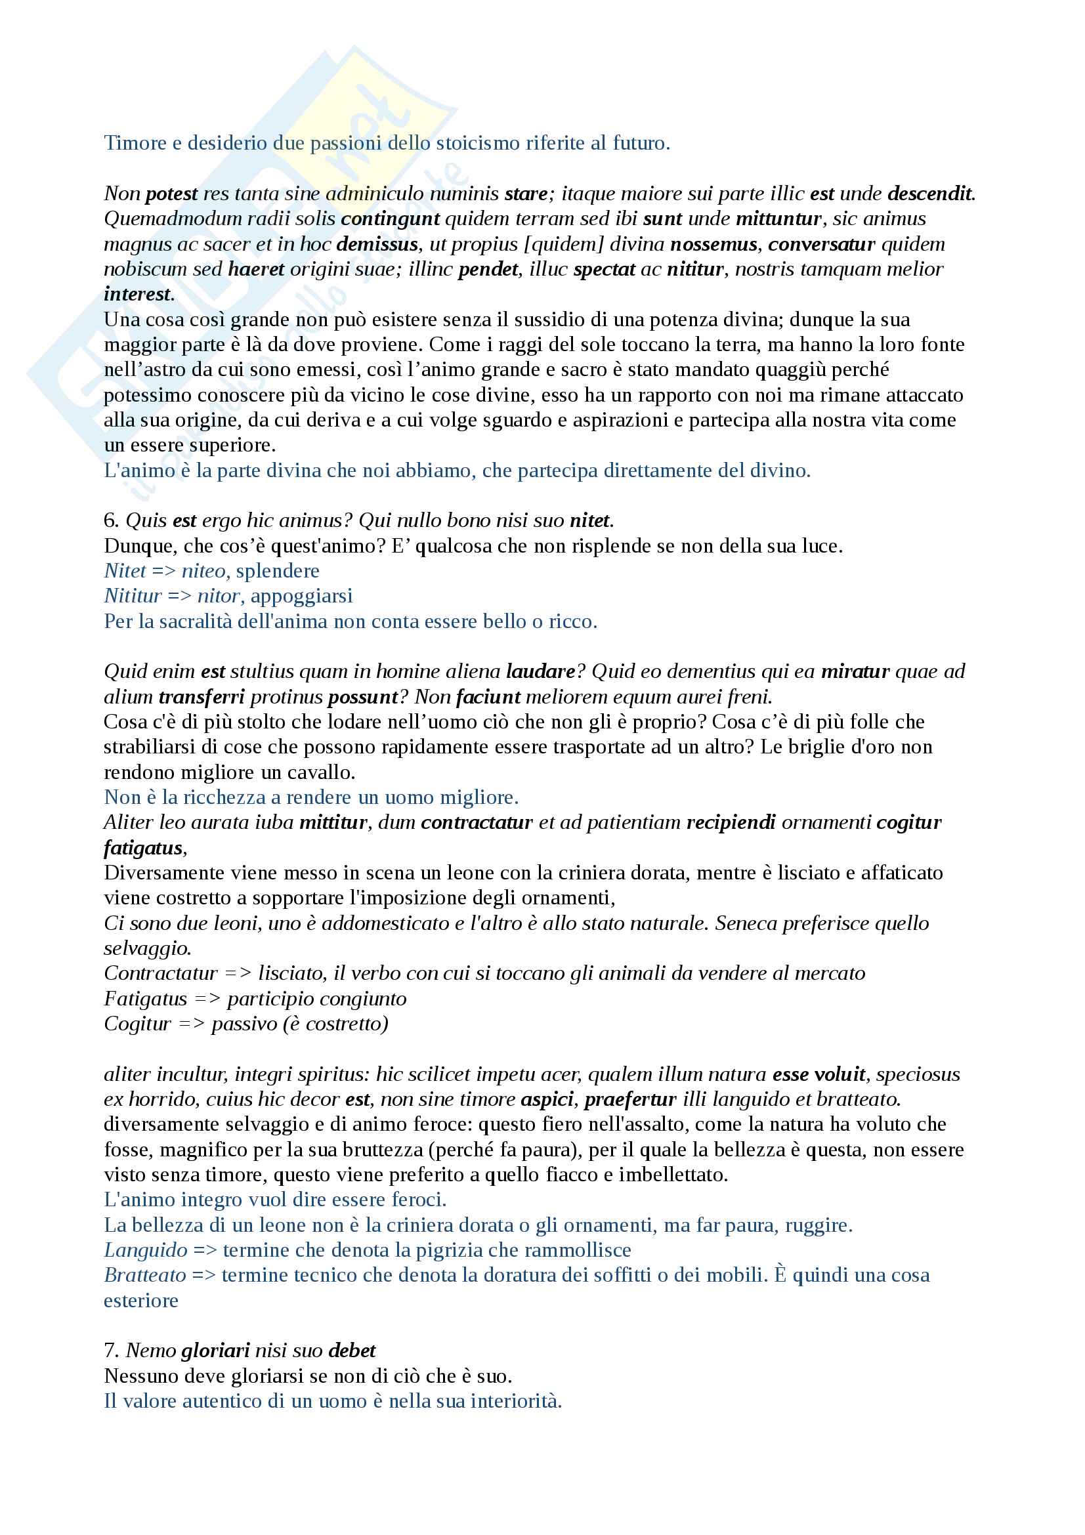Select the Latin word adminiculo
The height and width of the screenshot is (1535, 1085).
click(375, 194)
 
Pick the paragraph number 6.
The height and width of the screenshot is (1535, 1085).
click(110, 521)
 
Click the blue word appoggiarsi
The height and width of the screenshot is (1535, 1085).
click(301, 596)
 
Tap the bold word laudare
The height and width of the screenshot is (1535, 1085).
click(541, 671)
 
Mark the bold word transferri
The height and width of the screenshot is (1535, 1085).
click(202, 697)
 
